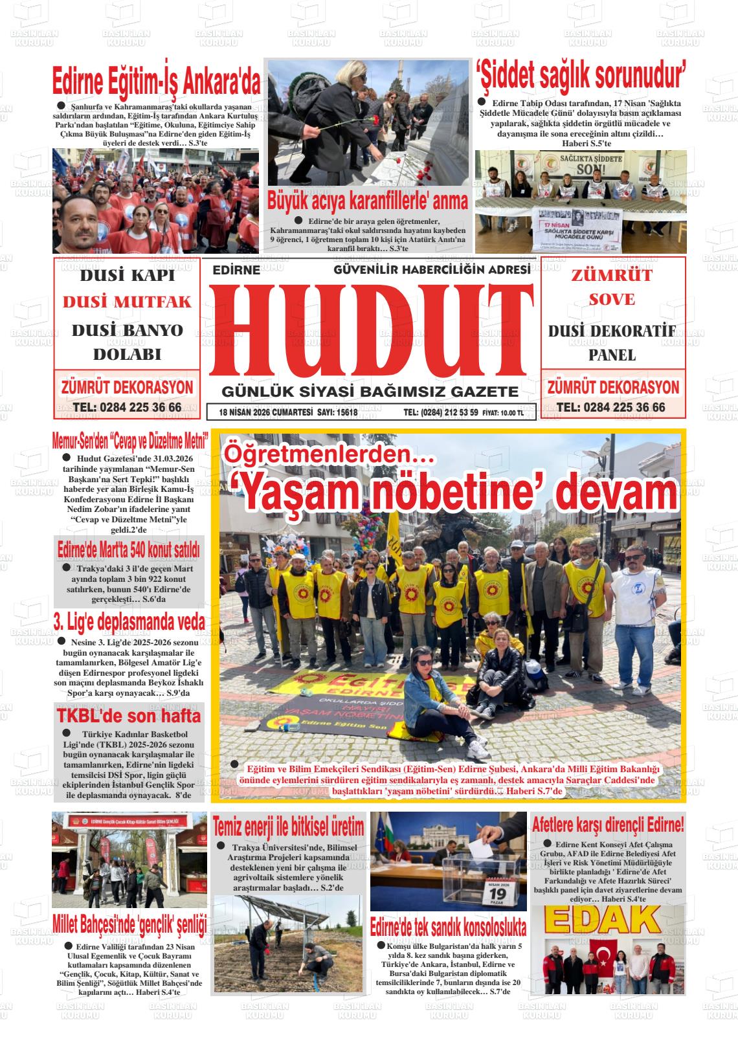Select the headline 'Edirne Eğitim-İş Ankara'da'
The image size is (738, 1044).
pyautogui.click(x=156, y=83)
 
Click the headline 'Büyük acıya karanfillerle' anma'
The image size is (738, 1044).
pyautogui.click(x=368, y=201)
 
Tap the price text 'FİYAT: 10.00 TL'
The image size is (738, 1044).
pyautogui.click(x=504, y=412)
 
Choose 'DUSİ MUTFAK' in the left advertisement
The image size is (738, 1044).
pyautogui.click(x=128, y=302)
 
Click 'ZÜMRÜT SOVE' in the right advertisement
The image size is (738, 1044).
pyautogui.click(x=612, y=287)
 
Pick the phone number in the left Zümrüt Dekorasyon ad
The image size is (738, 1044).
pyautogui.click(x=128, y=407)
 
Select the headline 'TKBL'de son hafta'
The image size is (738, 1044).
pyautogui.click(x=129, y=716)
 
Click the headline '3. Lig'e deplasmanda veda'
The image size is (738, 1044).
pyautogui.click(x=129, y=623)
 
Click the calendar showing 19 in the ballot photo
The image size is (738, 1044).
pyautogui.click(x=502, y=894)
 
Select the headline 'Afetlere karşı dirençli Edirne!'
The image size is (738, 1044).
pyautogui.click(x=607, y=825)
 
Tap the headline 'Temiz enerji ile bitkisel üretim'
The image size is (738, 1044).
pyautogui.click(x=289, y=827)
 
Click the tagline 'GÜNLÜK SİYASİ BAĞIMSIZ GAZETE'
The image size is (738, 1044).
pyautogui.click(x=370, y=392)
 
